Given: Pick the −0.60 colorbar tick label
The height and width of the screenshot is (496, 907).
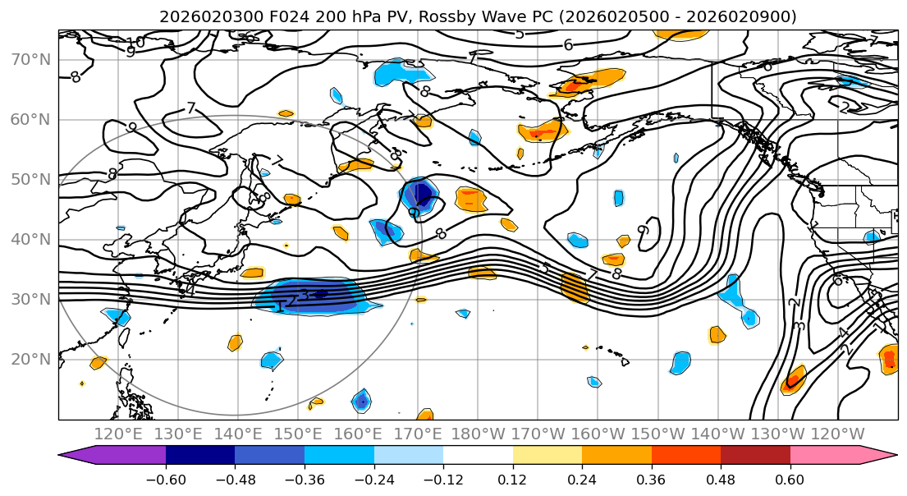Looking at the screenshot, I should click(x=166, y=479).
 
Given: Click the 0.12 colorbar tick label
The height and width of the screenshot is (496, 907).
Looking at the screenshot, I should click(x=512, y=479).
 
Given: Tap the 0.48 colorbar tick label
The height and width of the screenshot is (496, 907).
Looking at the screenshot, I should click(x=720, y=479).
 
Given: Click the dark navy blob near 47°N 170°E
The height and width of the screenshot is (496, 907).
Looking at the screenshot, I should click(x=420, y=195).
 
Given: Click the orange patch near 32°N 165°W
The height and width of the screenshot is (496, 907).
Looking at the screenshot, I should click(x=575, y=287).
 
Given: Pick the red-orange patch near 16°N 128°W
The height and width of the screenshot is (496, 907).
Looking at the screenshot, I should click(x=793, y=380).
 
